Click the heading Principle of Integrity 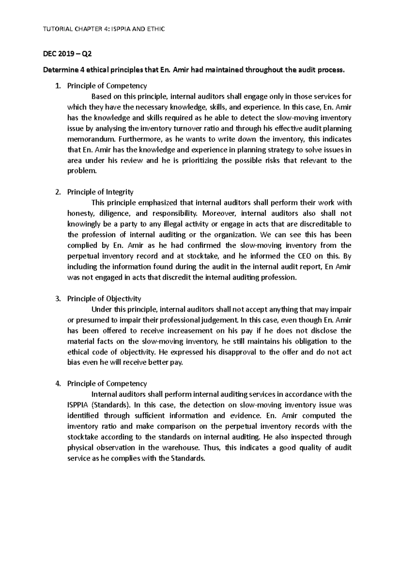(x=100, y=192)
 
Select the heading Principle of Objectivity (x=104, y=299)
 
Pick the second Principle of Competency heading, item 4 (x=107, y=383)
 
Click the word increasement (x=190, y=331)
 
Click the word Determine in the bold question (x=59, y=70)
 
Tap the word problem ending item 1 (x=82, y=171)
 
